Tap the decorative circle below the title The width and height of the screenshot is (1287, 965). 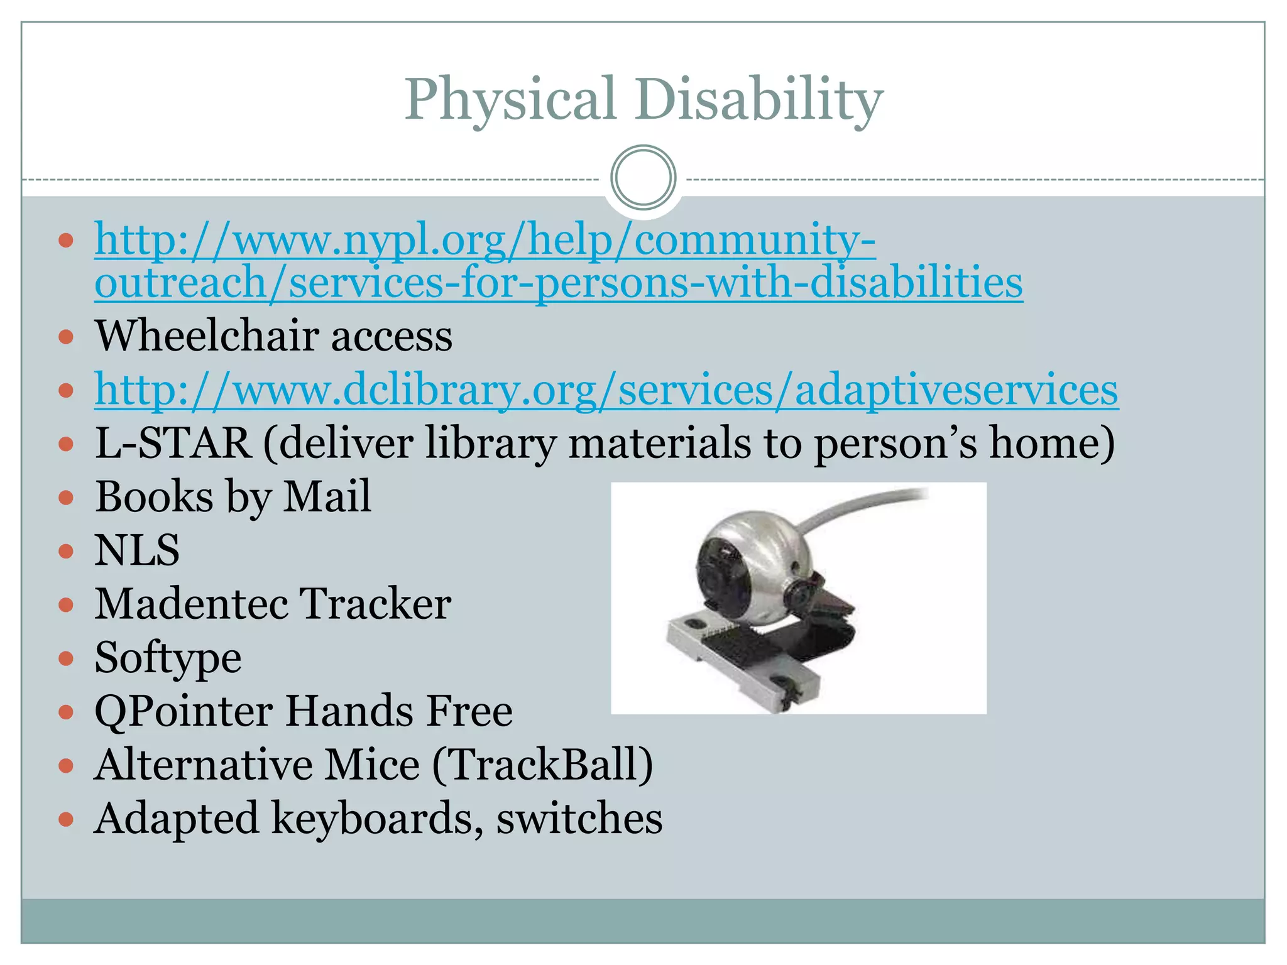[x=643, y=178]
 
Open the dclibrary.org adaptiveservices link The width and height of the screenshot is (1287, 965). [x=606, y=390]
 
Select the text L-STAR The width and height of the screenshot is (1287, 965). [x=173, y=443]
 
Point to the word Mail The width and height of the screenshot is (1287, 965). [x=327, y=496]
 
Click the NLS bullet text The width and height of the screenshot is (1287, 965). [x=137, y=550]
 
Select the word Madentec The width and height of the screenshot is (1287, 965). [x=192, y=604]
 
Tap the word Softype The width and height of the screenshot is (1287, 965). [x=168, y=658]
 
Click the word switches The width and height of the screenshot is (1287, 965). [x=579, y=819]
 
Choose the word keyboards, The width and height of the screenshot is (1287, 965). [x=378, y=819]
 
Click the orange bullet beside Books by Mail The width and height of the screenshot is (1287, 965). [x=66, y=498]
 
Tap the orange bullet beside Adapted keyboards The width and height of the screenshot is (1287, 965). [x=66, y=820]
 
